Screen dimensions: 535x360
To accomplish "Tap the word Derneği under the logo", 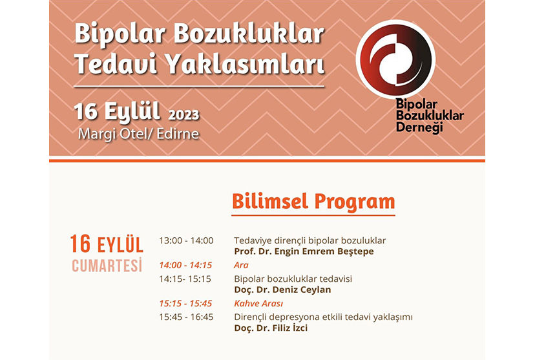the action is point(419,128).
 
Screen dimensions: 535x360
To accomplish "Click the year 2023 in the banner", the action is point(184,114).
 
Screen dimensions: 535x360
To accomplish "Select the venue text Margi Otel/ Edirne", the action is point(138,134).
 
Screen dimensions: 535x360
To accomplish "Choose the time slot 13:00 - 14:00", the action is point(186,240).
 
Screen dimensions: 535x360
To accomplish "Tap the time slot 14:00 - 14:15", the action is point(185,265).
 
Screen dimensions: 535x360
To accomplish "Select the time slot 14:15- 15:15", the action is point(185,279).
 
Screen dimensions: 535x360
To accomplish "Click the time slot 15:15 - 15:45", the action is point(185,303).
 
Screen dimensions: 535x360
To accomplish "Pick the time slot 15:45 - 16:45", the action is point(186,317).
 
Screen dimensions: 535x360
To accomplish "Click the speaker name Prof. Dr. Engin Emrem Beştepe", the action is point(304,251).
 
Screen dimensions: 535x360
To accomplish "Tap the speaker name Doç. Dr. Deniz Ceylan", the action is point(282,290).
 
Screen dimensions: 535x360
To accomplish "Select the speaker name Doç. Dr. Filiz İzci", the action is point(271,328).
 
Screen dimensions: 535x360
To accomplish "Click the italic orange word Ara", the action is point(241,265).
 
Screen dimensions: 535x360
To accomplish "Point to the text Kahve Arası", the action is point(258,303).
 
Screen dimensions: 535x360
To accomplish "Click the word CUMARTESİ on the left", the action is point(107,266).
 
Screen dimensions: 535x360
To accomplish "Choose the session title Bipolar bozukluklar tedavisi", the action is point(293,279).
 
